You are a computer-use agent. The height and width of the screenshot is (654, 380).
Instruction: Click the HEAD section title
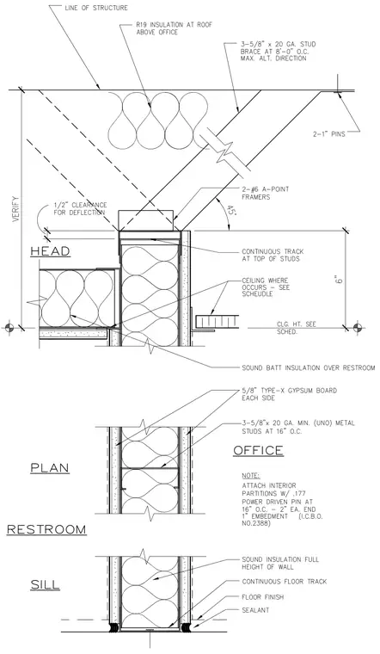tap(50, 251)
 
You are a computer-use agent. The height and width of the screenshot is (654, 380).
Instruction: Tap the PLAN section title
tap(50, 467)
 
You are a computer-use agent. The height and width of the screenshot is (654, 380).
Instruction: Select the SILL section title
tap(45, 585)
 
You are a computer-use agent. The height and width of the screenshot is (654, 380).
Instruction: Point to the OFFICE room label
tap(258, 450)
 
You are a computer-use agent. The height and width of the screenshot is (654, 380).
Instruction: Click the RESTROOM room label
tap(46, 529)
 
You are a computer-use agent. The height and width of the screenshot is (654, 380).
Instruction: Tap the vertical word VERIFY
tap(15, 208)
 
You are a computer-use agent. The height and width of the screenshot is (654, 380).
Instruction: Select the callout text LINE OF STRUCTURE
tap(96, 8)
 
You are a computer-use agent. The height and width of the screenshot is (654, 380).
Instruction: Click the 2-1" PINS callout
tap(329, 134)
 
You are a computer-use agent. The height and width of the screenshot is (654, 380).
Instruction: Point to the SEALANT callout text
tap(255, 610)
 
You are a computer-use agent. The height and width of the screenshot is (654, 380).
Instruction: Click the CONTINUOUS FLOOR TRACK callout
tap(285, 582)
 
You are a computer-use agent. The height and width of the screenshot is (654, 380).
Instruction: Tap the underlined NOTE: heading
tap(250, 476)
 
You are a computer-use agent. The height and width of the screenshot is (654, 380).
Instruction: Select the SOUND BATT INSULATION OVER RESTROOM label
tap(309, 368)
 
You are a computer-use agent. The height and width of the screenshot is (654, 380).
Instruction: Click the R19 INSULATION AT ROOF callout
tap(174, 28)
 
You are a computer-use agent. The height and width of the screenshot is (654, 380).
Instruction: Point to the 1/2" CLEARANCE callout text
tap(80, 208)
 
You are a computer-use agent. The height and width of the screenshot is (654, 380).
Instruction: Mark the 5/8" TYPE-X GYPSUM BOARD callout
tap(289, 394)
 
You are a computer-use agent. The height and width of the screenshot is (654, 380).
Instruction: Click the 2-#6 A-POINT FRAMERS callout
tap(265, 193)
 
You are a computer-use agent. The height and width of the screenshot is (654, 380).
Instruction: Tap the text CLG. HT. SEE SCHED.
tap(297, 328)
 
